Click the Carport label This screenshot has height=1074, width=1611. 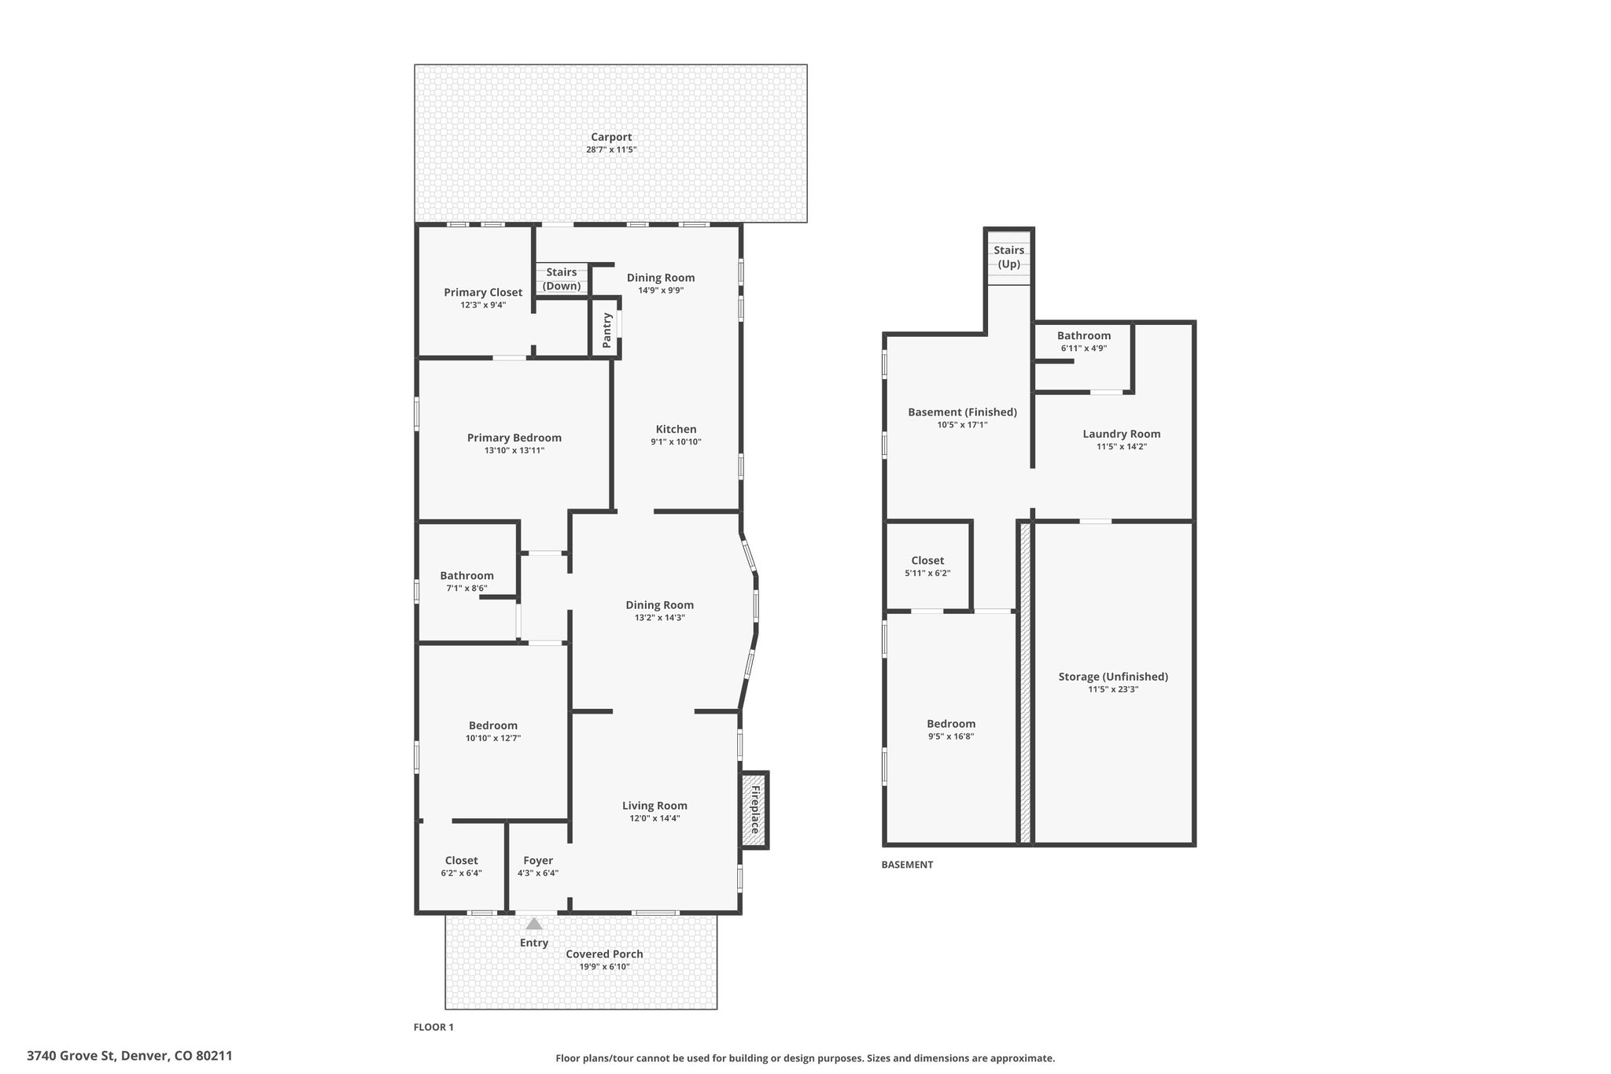coord(611,137)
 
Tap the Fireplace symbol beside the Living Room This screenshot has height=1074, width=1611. coord(754,810)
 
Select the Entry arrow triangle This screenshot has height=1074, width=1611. coord(534,924)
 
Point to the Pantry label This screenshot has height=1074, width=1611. coord(606,330)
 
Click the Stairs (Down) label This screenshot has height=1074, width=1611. coord(562,279)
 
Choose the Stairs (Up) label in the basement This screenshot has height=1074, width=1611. coord(1009,257)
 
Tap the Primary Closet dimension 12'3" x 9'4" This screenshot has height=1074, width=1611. coord(483,304)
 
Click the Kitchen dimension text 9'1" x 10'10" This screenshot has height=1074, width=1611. coord(676,442)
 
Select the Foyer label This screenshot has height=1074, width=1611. coord(538,861)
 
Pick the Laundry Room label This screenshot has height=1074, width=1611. coord(1122,434)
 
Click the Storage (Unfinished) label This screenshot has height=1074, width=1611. coord(1113,677)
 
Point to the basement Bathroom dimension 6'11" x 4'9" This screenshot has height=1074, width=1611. coord(1084,348)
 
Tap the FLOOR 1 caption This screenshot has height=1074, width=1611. coord(433,1027)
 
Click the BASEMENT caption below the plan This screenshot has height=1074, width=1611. coord(907,864)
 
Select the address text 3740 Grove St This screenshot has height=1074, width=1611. coord(71,1056)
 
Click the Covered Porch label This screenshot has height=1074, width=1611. coord(604,954)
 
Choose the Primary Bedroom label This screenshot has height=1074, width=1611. coord(514,438)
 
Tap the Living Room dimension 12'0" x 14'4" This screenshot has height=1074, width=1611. coord(654,818)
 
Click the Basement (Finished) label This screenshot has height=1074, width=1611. coord(962,412)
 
